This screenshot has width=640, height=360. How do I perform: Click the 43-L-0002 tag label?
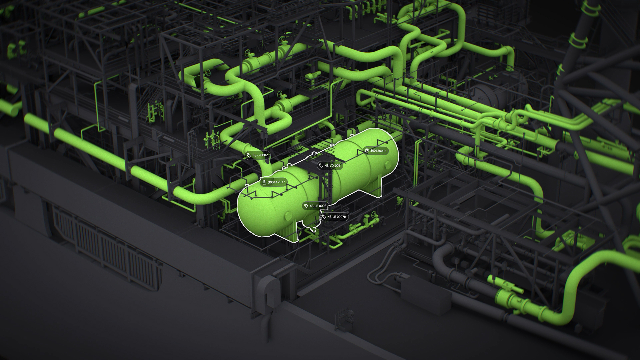coord(257,155)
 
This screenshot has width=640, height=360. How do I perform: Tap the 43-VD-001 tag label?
coord(330,165)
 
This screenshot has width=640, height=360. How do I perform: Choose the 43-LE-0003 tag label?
coord(315,206)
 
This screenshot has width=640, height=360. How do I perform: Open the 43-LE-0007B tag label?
coord(334,217)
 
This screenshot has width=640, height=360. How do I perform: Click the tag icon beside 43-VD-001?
coord(321,165)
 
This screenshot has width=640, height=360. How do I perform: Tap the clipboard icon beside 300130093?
coord(367,151)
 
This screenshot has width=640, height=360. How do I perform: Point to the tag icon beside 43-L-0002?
coord(249,155)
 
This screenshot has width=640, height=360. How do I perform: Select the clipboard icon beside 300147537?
coord(264,182)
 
